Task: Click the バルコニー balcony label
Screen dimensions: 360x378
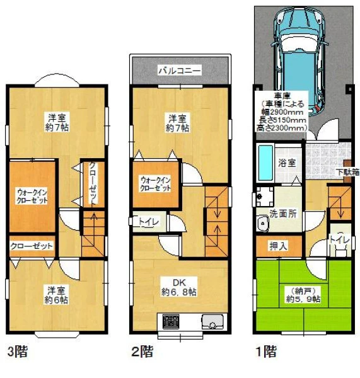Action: [x=180, y=71]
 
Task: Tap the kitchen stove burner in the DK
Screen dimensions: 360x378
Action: [x=171, y=321]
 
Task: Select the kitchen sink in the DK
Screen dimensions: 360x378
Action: [x=212, y=321]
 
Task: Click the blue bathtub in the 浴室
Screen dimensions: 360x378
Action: [x=265, y=163]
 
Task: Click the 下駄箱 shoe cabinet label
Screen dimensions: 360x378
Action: [x=348, y=173]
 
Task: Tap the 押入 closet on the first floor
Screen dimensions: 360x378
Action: [x=279, y=246]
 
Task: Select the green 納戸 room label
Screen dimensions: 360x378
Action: [x=303, y=295]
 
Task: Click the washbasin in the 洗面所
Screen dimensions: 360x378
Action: [x=263, y=224]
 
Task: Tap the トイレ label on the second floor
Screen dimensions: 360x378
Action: [x=148, y=222]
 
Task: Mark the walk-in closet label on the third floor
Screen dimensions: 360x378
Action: [x=32, y=197]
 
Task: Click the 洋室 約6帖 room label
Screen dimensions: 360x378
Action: [x=57, y=295]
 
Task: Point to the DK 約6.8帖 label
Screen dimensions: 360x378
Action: [x=179, y=287]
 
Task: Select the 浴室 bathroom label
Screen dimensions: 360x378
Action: [x=287, y=163]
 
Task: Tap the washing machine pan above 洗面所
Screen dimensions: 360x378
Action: [x=265, y=197]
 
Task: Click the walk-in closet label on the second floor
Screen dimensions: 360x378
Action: [x=156, y=184]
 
